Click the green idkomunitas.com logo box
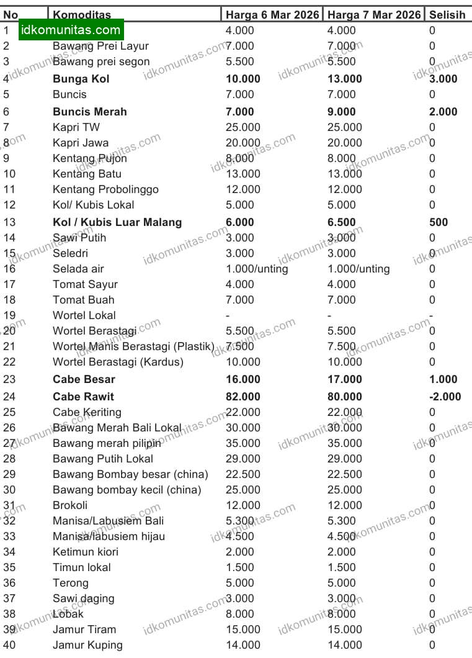coord(71,30)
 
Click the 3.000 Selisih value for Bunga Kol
coord(443,79)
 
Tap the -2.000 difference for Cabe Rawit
coord(445,397)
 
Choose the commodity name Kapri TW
coord(76,127)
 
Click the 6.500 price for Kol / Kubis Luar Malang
coord(342,222)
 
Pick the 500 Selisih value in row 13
coord(439,222)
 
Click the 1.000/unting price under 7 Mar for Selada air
coord(358,269)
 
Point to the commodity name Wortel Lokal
coord(84,315)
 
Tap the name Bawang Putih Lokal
coord(103,459)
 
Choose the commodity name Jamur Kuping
coord(87,645)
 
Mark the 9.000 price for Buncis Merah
coord(342,112)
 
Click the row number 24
coord(10,397)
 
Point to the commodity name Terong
coord(71,583)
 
